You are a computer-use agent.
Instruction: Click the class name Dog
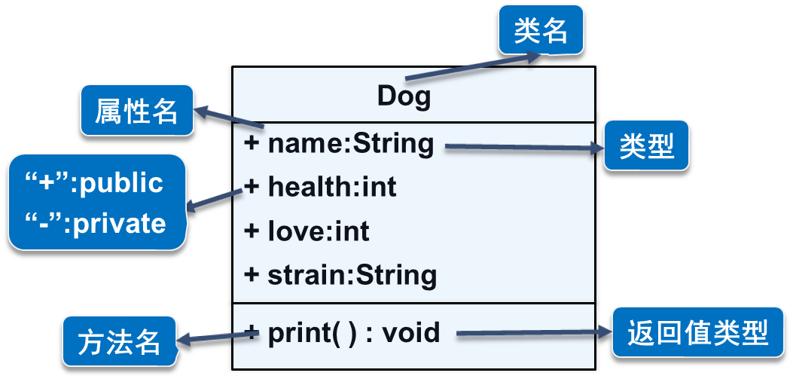(404, 96)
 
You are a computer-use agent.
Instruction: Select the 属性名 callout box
(136, 111)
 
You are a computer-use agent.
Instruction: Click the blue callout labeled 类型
(646, 145)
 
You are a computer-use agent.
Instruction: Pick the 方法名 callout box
(120, 342)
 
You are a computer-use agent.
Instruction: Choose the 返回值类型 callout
(697, 332)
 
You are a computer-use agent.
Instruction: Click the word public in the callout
(121, 183)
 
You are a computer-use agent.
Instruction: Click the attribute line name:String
(350, 143)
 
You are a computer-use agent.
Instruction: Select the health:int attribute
(331, 187)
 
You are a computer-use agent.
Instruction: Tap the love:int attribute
(318, 231)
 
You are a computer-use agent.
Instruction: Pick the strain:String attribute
(352, 274)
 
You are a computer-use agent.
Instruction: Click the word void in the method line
(411, 332)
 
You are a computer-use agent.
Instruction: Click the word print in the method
(300, 332)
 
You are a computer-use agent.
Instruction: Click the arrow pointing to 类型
(523, 148)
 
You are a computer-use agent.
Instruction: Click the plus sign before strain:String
(252, 274)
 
